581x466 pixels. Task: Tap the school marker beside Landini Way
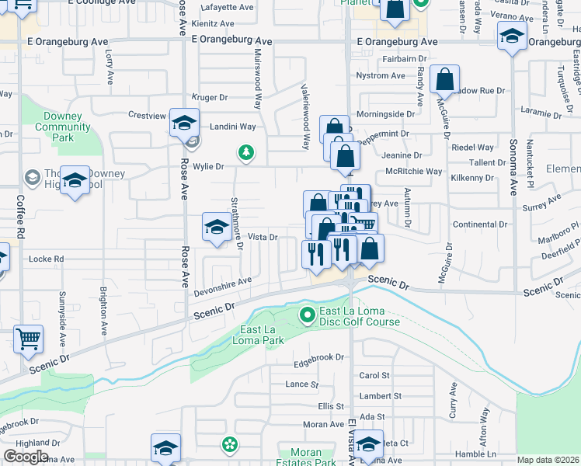pyautogui.click(x=184, y=124)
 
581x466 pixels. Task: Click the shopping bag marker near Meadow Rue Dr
pyautogui.click(x=444, y=80)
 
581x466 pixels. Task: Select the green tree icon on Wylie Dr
pyautogui.click(x=245, y=151)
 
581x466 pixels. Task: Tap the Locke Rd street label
pyautogui.click(x=46, y=259)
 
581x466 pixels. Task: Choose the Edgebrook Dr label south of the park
pyautogui.click(x=318, y=357)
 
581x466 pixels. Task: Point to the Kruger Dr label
pyautogui.click(x=210, y=98)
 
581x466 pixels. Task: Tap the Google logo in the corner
pyautogui.click(x=26, y=457)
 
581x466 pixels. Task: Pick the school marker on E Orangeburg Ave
pyautogui.click(x=513, y=36)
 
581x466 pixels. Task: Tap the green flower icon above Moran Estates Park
pyautogui.click(x=229, y=445)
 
